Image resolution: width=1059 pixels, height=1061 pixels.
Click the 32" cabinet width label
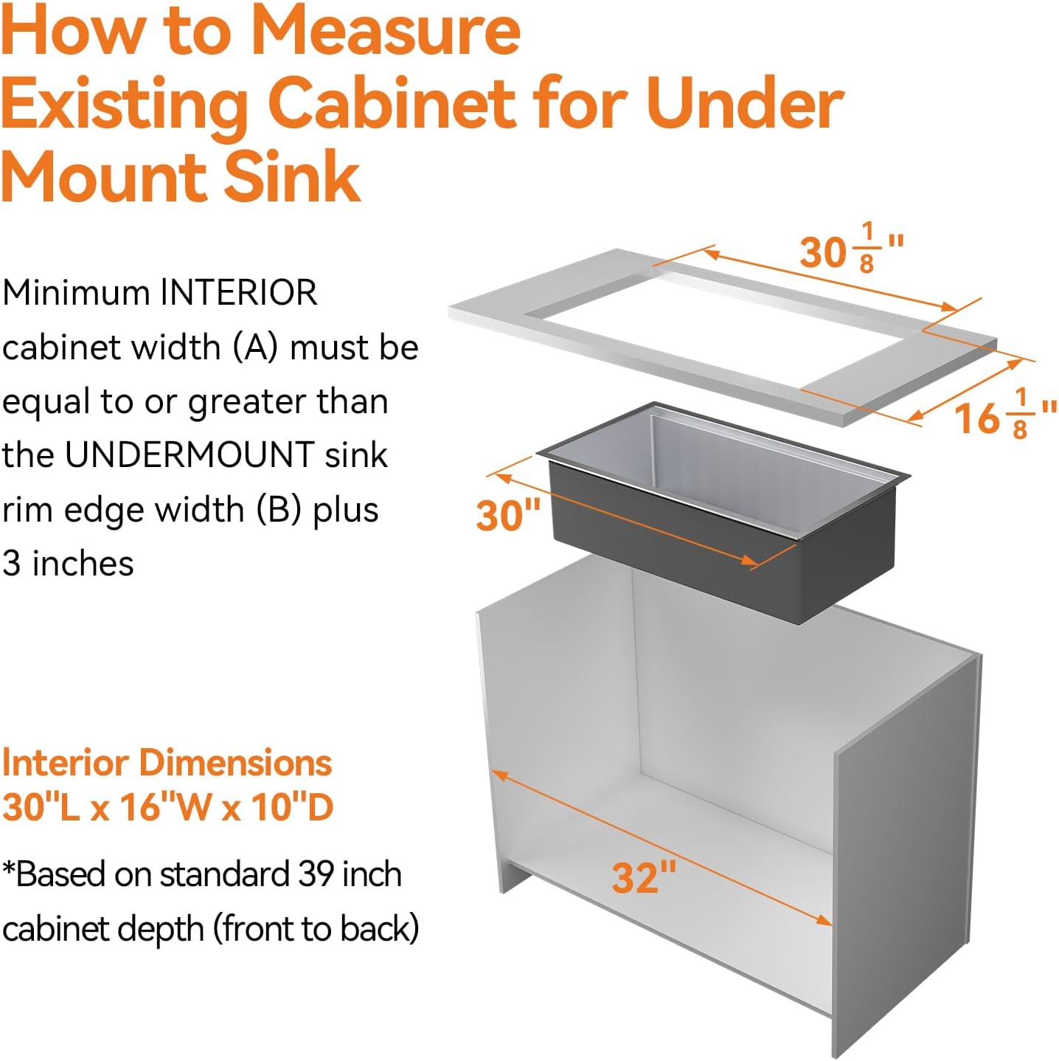point(644,877)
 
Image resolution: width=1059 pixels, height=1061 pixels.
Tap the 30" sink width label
point(508,515)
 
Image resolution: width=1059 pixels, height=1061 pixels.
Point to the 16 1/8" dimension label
point(1004,415)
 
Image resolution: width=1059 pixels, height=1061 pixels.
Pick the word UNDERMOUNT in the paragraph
point(190,455)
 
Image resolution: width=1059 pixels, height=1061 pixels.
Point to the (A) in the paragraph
point(255,348)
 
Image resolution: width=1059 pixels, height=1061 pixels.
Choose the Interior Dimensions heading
point(167,763)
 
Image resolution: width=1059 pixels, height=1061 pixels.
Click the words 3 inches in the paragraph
point(68,564)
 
